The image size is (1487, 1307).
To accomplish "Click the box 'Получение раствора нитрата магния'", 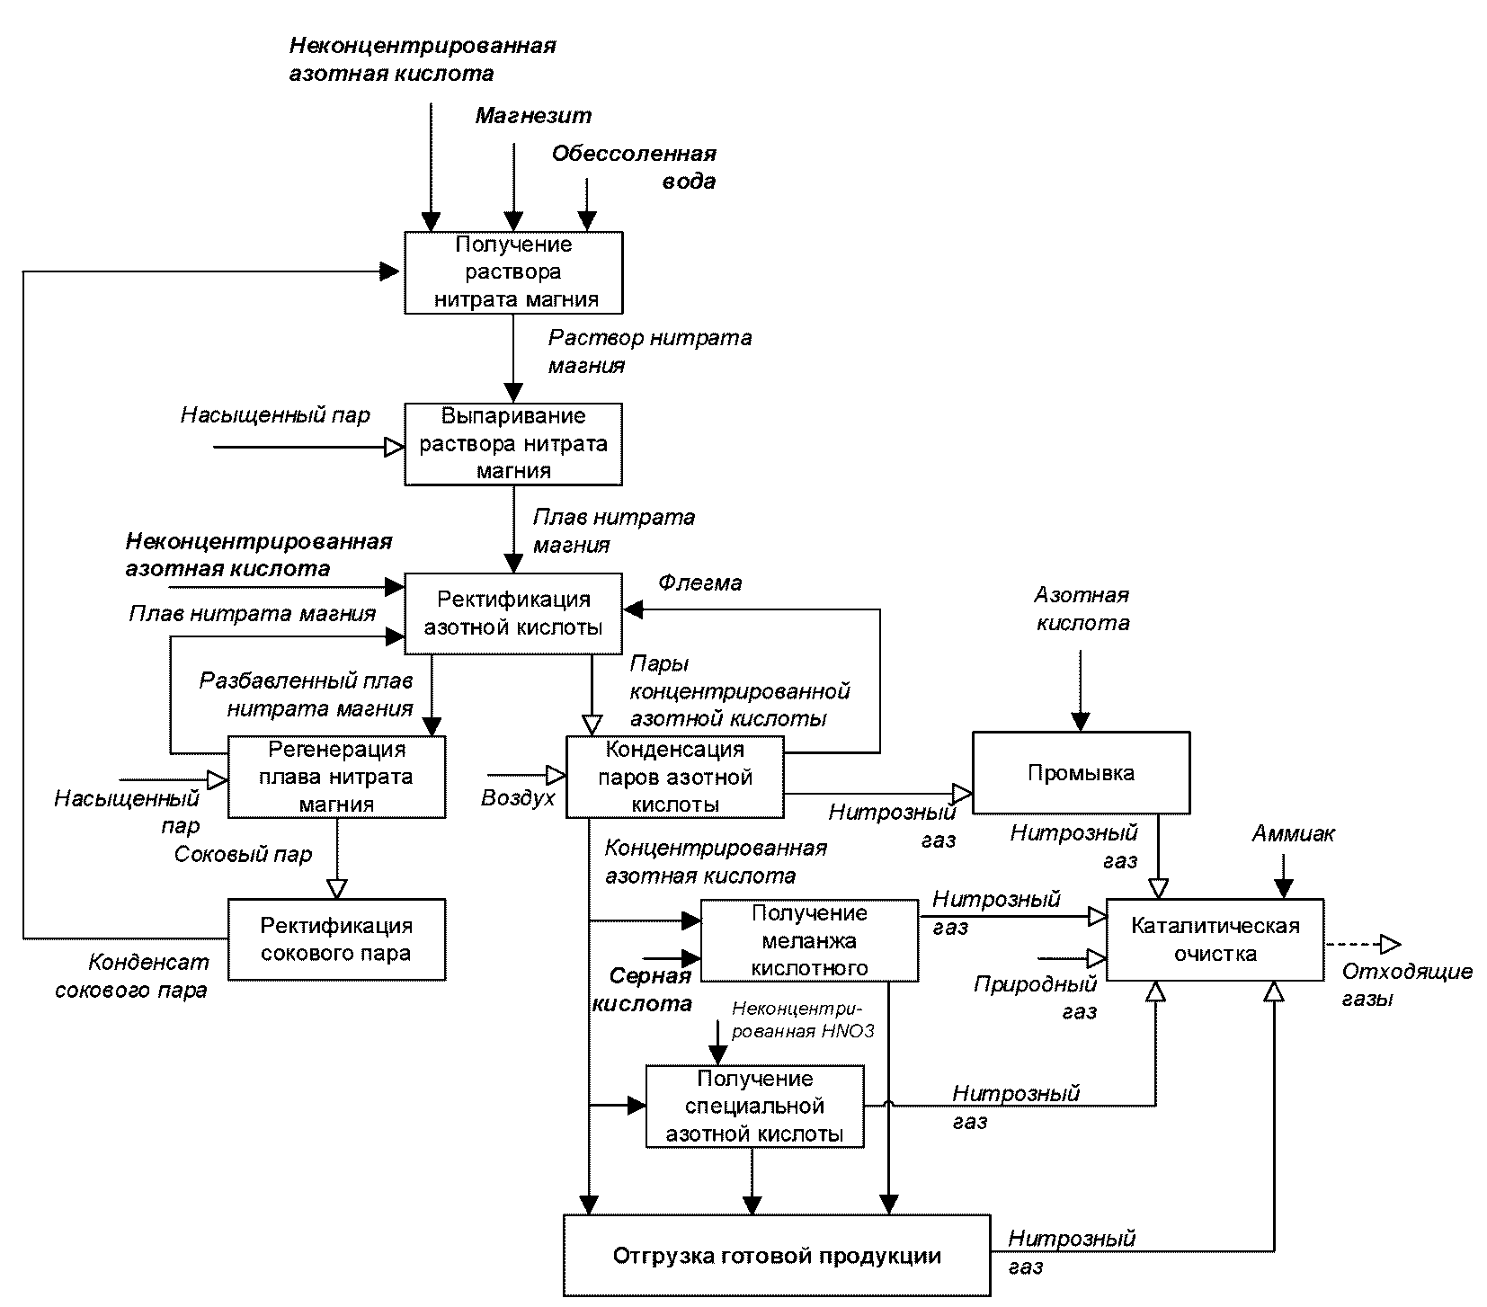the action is click(x=513, y=272).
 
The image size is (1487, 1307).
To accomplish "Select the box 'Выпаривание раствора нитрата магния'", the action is click(x=513, y=444).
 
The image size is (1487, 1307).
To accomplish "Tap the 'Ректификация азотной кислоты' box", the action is click(x=513, y=613).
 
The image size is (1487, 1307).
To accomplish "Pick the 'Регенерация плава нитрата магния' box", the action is click(x=336, y=777).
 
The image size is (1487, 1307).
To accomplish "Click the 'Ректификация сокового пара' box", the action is click(x=336, y=938).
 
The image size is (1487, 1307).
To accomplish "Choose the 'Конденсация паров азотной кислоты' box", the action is click(x=675, y=777).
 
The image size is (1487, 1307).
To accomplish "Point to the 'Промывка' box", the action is click(x=1081, y=773).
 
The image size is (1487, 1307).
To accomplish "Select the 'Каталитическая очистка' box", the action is click(x=1215, y=938).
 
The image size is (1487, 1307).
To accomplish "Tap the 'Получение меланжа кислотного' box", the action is click(x=809, y=940).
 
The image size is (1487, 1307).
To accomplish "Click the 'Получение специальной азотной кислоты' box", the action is click(x=755, y=1107).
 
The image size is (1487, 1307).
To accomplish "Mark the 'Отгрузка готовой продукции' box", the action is click(x=777, y=1256).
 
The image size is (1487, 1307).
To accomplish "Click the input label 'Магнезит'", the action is click(x=534, y=116).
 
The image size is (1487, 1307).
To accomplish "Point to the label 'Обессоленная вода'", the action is click(x=635, y=167).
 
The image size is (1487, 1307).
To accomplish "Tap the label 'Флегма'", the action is click(x=700, y=582).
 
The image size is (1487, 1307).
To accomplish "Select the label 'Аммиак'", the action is click(x=1294, y=834).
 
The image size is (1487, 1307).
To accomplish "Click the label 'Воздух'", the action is click(x=519, y=798).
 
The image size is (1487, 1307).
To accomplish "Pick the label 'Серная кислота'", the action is click(x=642, y=990).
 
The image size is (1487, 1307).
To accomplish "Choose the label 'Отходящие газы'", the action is click(x=1407, y=984).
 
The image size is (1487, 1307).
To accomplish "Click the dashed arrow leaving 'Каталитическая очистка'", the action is click(x=1363, y=944).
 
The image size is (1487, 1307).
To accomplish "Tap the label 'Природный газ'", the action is click(x=1036, y=998).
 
